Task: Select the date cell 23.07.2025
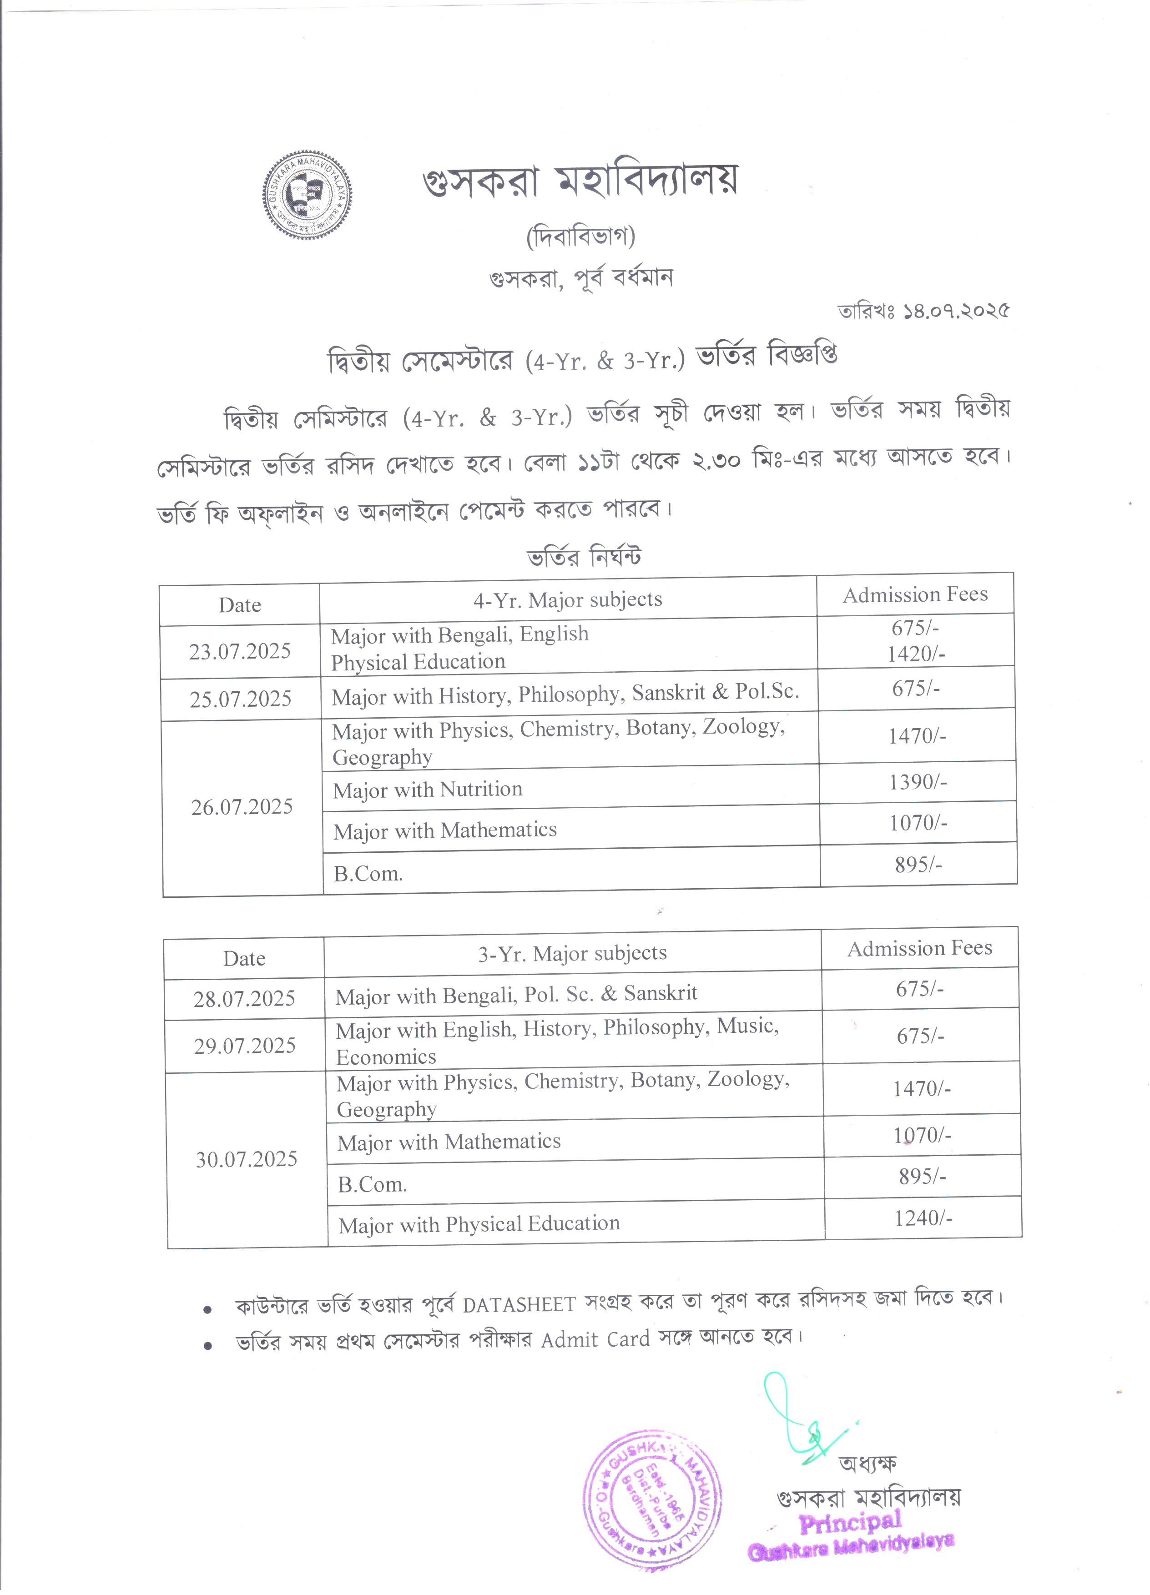[x=240, y=651]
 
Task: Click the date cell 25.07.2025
[x=241, y=699]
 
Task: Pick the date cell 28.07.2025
[x=244, y=999]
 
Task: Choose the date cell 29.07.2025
[x=245, y=1046]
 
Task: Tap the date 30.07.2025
[x=246, y=1159]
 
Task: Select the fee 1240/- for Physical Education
[x=923, y=1218]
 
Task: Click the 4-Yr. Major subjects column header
[x=568, y=600]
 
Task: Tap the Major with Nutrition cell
[x=428, y=790]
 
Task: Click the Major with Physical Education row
[x=479, y=1224]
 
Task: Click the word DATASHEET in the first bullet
[x=519, y=1305]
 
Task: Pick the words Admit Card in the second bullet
[x=595, y=1339]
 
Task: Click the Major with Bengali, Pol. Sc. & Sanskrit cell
[x=516, y=994]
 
